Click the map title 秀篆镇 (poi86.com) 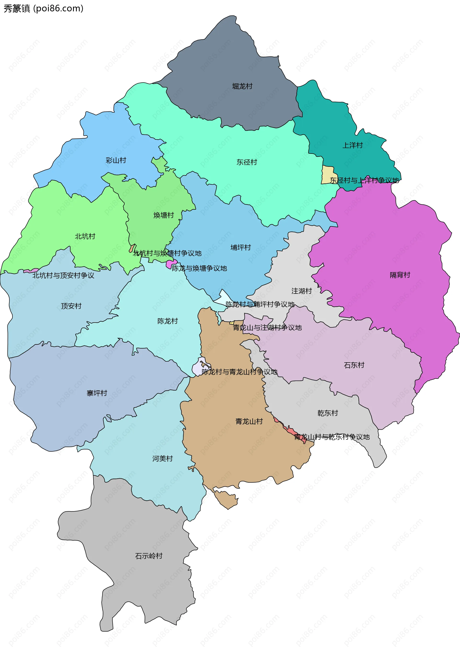43,8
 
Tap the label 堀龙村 242,87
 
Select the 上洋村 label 352,145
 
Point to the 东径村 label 247,162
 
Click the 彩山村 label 116,160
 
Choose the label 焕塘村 163,215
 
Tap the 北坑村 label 85,236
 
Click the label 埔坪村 241,248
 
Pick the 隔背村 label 400,275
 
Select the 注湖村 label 301,291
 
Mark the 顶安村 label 71,306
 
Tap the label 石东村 354,365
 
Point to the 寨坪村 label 97,393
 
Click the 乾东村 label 328,413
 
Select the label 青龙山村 249,422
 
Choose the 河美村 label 162,459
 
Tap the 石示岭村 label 149,556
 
